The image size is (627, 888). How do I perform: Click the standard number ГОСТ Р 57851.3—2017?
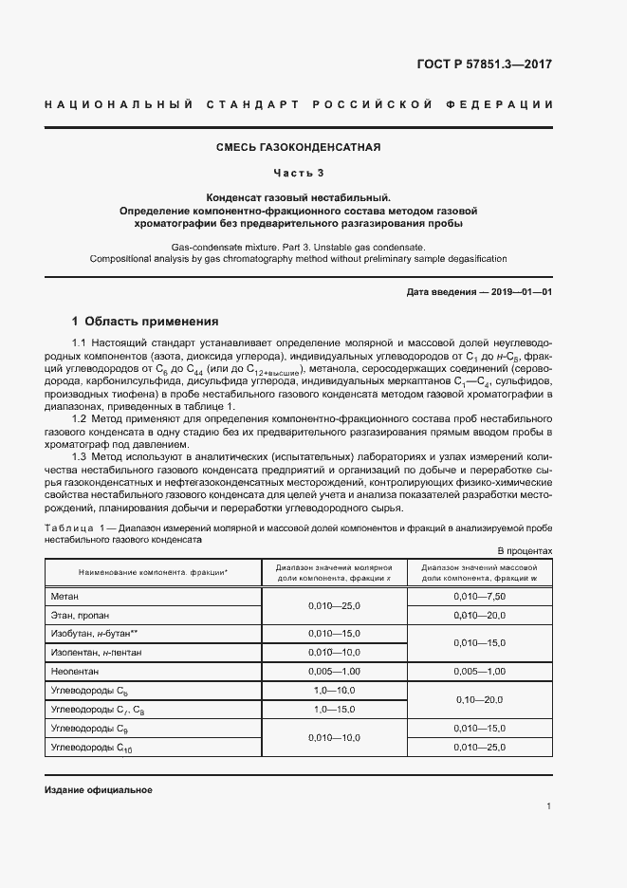[x=483, y=65]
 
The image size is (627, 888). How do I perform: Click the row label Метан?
[x=66, y=596]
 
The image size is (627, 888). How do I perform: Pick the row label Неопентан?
[x=74, y=671]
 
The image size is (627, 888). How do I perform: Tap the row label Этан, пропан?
[x=81, y=615]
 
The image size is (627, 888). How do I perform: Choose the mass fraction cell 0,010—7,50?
[x=479, y=596]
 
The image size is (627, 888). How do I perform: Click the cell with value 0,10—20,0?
[x=479, y=698]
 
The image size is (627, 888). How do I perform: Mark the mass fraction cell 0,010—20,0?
[x=479, y=615]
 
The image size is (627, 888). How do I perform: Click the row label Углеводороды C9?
[x=89, y=729]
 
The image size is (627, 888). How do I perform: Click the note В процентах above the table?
[x=525, y=550]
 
